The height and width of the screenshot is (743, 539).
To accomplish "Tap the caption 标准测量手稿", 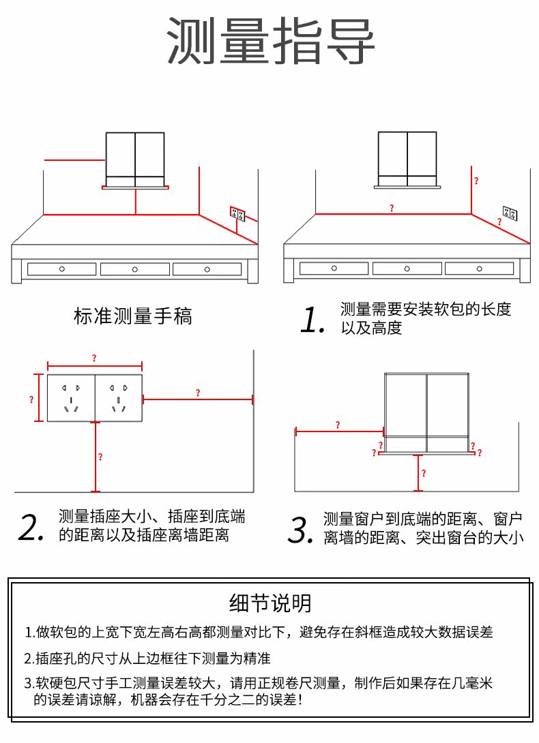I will tap(133, 316).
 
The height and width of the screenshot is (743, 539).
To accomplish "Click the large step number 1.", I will tap(312, 320).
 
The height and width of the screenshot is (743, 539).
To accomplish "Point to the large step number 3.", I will tap(300, 530).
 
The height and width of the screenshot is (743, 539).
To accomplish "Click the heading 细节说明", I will tap(270, 603).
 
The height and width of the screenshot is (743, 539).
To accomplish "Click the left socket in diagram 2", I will tap(71, 398).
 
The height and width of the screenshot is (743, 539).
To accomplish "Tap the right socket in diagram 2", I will tap(119, 398).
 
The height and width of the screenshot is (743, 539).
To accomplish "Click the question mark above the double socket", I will tap(94, 359).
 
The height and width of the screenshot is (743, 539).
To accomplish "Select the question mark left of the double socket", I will tap(31, 400).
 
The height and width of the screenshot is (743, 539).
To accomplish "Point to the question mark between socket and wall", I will tap(198, 393).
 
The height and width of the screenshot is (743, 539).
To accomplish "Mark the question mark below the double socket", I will tap(100, 457).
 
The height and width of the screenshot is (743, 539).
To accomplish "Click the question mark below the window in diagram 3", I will tap(423, 472).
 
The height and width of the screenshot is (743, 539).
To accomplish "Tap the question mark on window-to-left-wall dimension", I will tap(338, 425).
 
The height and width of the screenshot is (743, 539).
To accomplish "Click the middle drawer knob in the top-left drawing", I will tap(135, 269).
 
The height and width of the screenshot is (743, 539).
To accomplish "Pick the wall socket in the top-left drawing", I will tap(237, 214).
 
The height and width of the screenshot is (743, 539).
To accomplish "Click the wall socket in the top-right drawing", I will tap(509, 214).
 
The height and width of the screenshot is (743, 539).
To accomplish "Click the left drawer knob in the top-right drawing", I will tap(334, 269).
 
